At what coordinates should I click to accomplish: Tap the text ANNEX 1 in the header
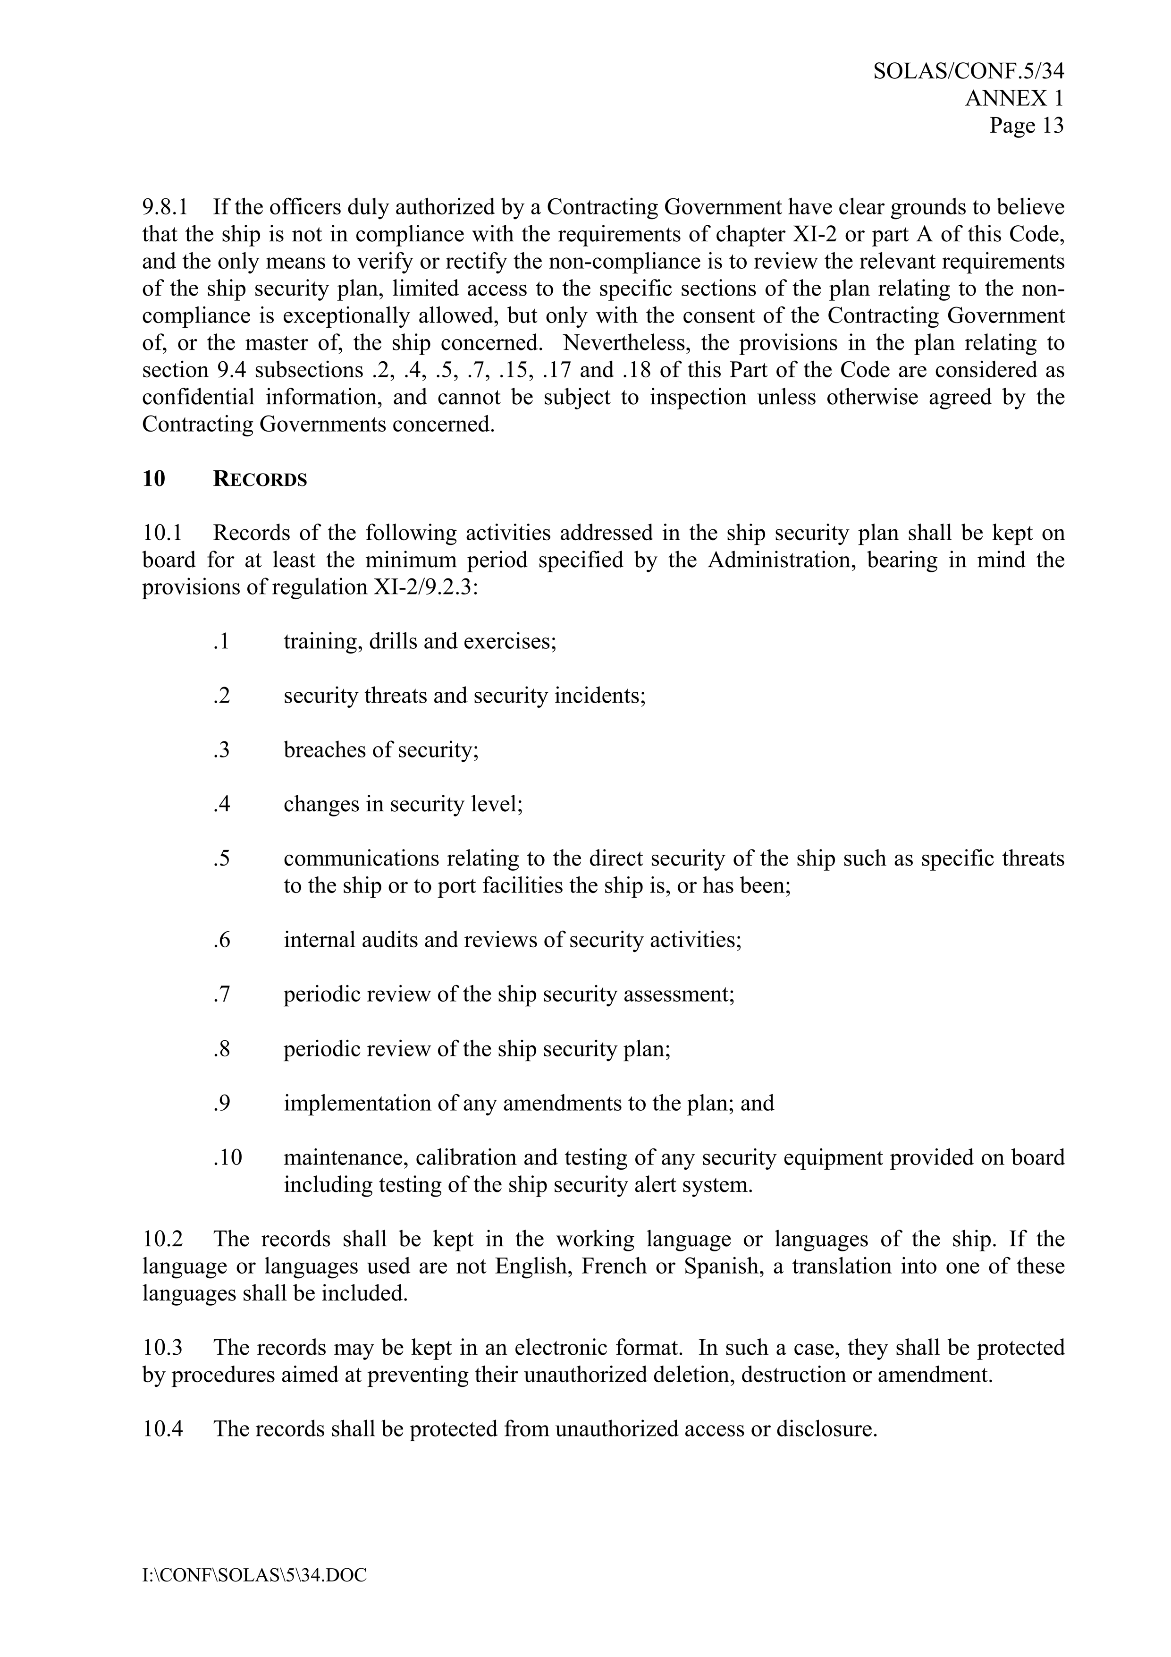coord(1014,98)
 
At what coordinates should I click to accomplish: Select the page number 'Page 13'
coord(1026,126)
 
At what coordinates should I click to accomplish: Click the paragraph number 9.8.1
coord(165,208)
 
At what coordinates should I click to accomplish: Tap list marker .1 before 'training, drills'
coord(221,641)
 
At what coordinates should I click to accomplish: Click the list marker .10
coord(227,1157)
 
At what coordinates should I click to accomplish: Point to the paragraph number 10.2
coord(162,1239)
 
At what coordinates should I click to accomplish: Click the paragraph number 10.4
coord(162,1429)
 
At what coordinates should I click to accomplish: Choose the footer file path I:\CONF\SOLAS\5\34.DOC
coord(254,1575)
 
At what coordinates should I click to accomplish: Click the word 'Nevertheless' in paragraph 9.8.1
coord(625,343)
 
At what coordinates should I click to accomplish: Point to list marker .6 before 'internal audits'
coord(221,940)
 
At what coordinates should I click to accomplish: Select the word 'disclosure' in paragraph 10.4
coord(825,1429)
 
